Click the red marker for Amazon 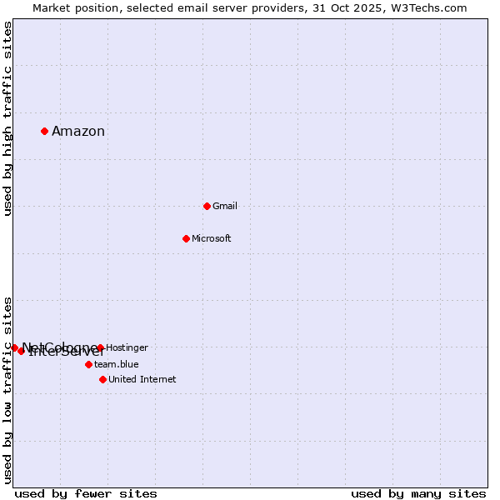click(x=44, y=131)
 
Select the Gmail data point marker click(x=207, y=206)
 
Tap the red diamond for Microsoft click(x=186, y=238)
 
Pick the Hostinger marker click(x=100, y=347)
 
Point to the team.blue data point click(x=88, y=364)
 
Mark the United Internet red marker click(x=102, y=379)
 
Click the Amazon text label click(x=78, y=132)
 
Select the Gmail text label click(x=225, y=206)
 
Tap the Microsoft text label click(x=212, y=238)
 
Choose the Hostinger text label click(x=127, y=347)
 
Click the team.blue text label click(x=117, y=364)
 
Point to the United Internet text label click(x=142, y=379)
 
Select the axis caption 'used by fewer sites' click(x=86, y=493)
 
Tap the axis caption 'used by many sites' click(x=418, y=493)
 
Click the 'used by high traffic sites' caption click(x=7, y=118)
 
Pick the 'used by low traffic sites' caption click(x=7, y=390)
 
